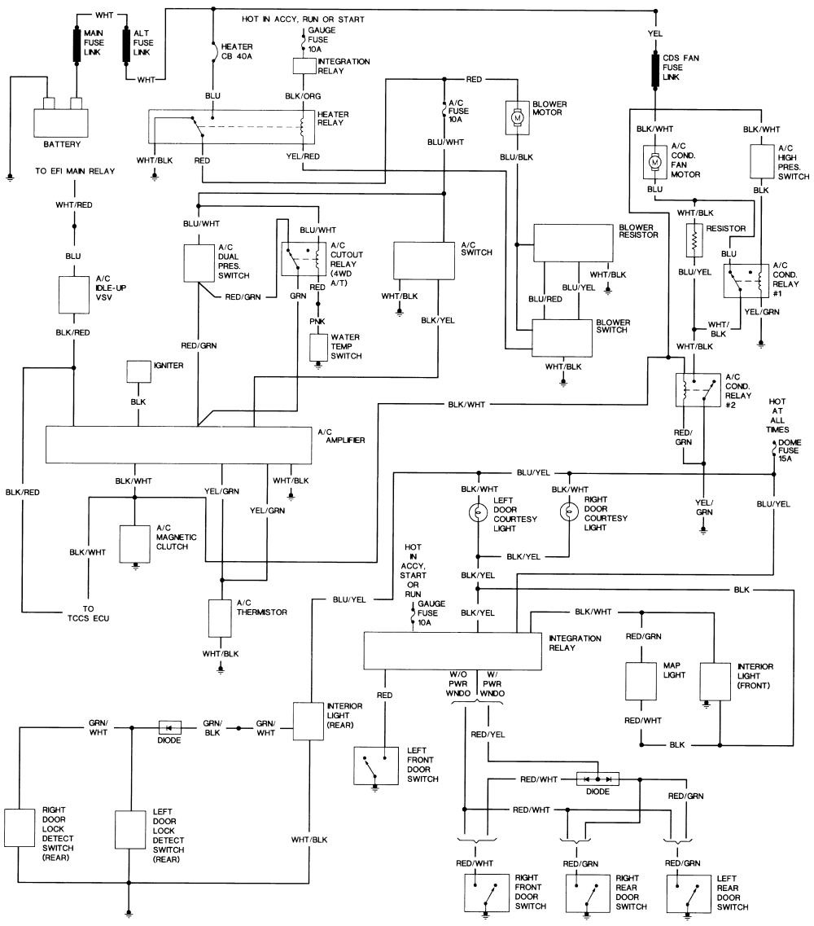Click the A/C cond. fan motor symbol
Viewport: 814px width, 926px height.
654,162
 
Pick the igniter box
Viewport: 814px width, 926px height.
138,372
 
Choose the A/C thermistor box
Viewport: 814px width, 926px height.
220,618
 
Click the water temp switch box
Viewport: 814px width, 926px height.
318,346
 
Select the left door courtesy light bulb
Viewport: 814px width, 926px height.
478,511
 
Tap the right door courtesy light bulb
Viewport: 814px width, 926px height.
567,511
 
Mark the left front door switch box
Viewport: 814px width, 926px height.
375,766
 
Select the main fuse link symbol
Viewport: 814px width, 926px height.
80,44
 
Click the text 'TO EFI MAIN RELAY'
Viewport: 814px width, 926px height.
75,171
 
